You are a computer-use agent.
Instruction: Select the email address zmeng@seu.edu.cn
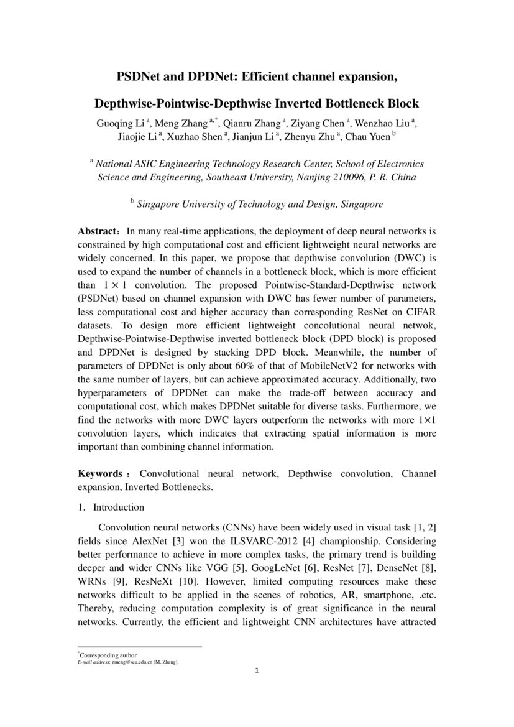[137, 662]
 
